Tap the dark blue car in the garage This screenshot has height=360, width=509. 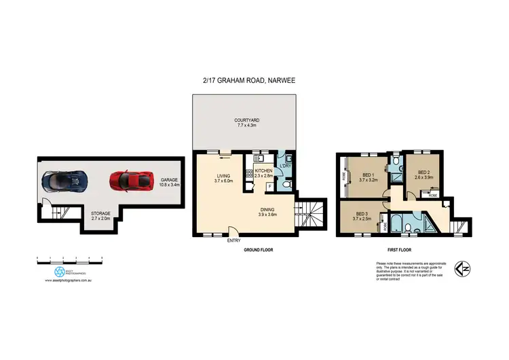click(64, 181)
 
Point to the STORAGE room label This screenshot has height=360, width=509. click(100, 216)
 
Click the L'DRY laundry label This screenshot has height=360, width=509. click(286, 168)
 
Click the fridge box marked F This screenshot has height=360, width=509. click(270, 185)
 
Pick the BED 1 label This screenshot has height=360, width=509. click(368, 178)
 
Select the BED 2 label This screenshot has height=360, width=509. click(425, 175)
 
